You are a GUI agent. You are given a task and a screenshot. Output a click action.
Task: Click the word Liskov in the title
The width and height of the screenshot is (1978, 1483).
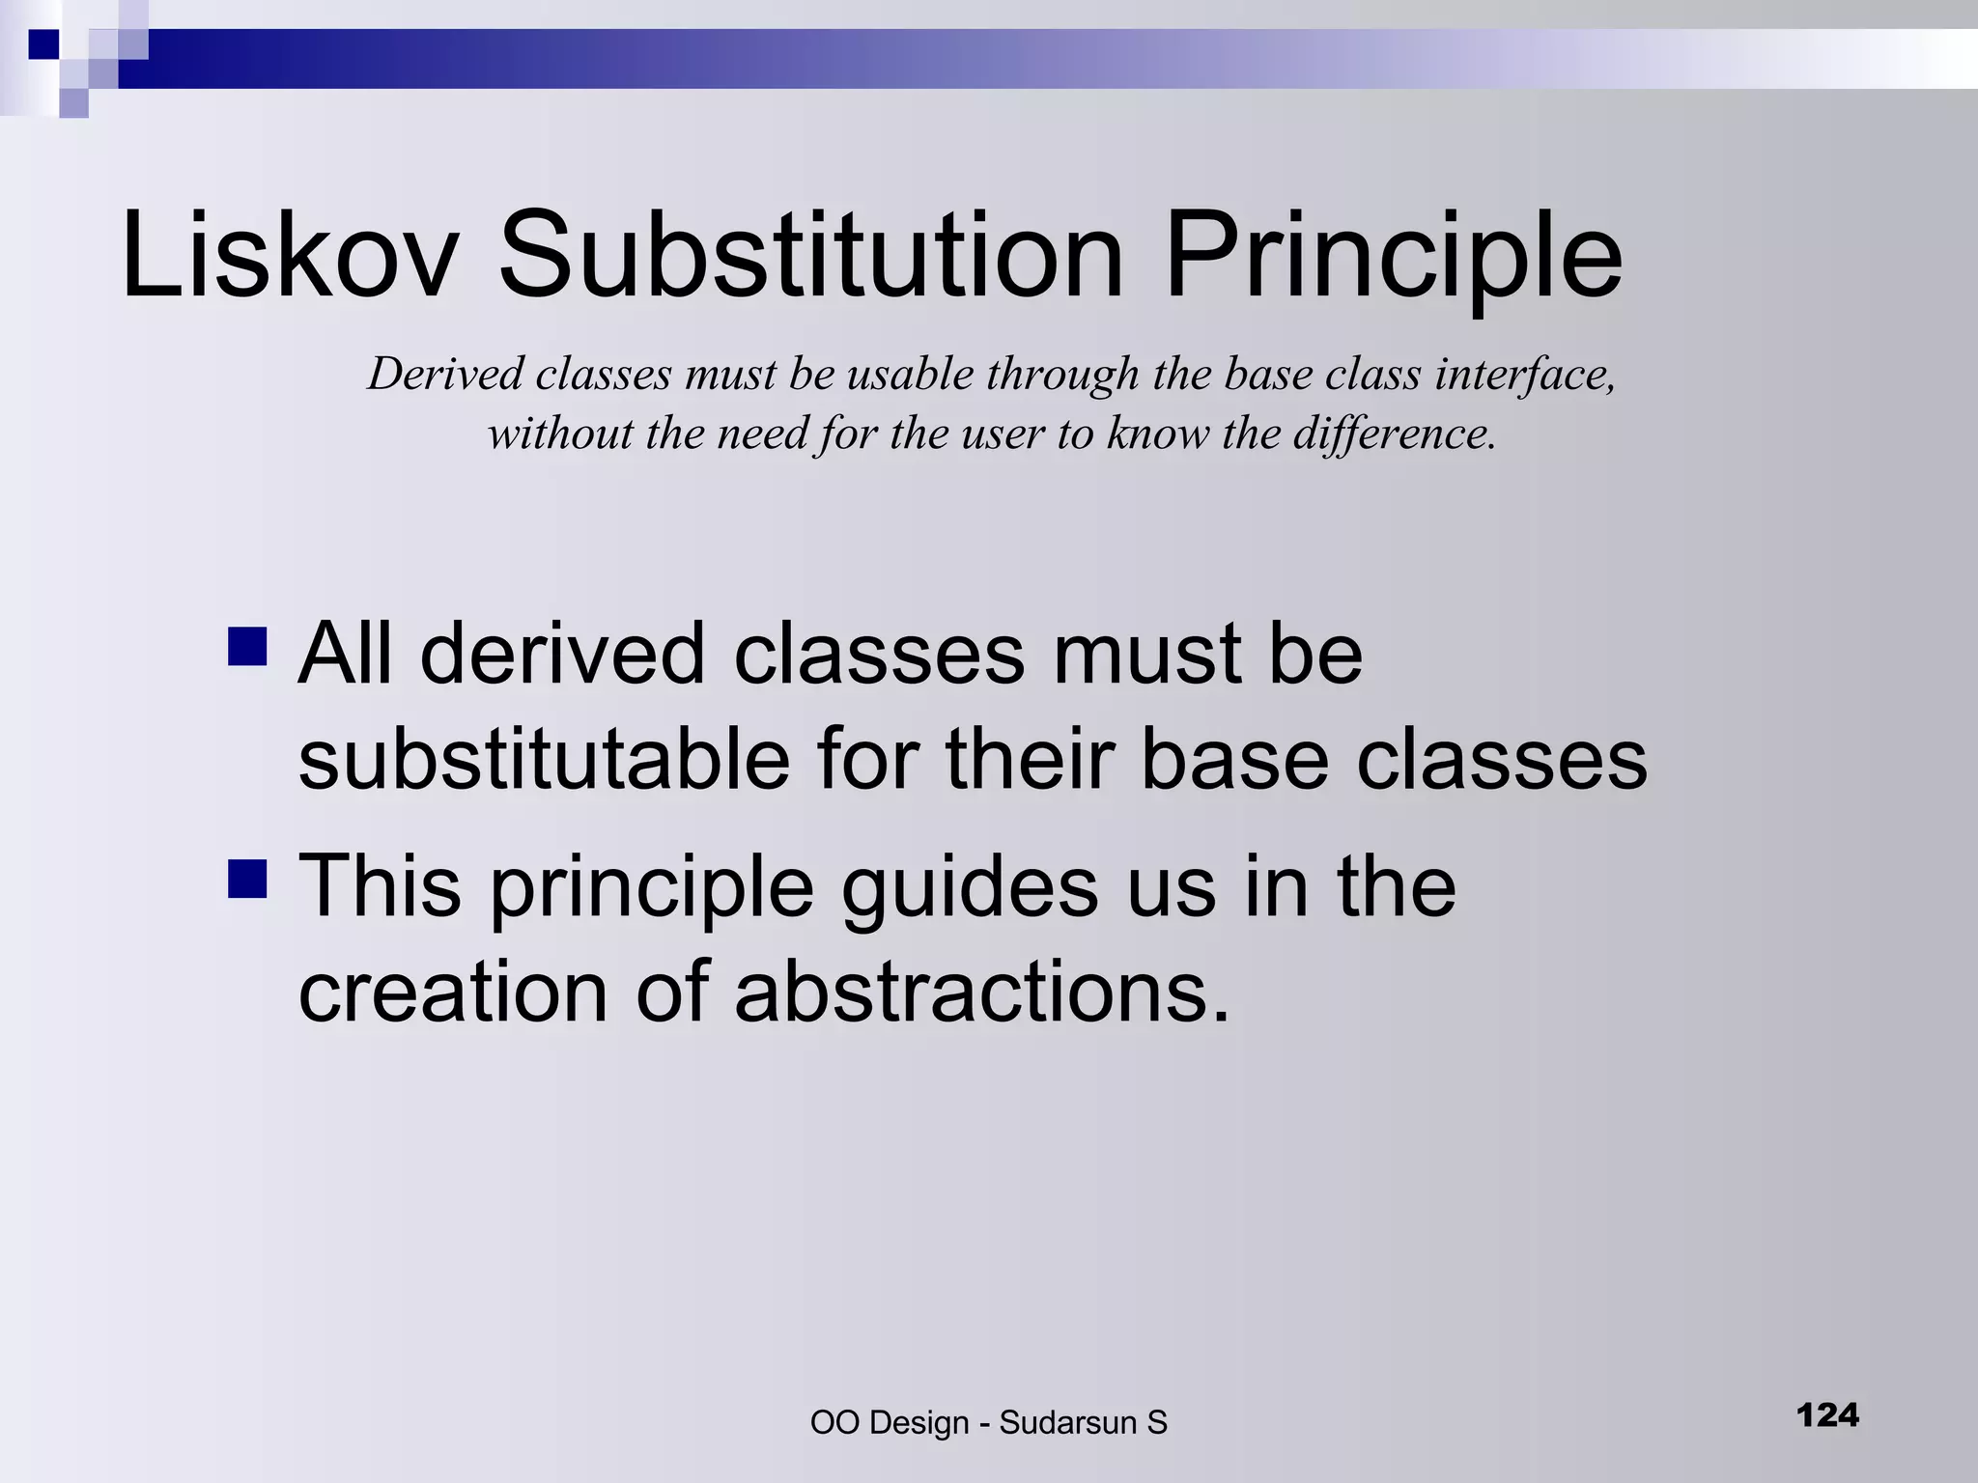pyautogui.click(x=288, y=256)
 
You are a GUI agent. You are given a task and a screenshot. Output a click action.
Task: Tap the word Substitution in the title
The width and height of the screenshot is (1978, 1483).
pyautogui.click(x=810, y=256)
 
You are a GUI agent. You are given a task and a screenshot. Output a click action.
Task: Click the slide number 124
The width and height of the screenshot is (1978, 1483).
pyautogui.click(x=1827, y=1415)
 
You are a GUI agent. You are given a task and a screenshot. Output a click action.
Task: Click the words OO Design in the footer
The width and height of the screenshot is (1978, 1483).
pyautogui.click(x=889, y=1423)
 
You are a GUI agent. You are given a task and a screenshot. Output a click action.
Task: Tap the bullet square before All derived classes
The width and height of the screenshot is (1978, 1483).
pyautogui.click(x=247, y=647)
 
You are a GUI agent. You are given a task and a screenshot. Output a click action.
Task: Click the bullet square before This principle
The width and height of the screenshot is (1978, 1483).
pyautogui.click(x=247, y=879)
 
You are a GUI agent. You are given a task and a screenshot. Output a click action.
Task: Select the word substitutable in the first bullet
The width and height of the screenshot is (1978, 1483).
pyautogui.click(x=544, y=760)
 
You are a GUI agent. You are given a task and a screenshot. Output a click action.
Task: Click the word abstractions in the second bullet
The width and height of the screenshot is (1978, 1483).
pyautogui.click(x=981, y=992)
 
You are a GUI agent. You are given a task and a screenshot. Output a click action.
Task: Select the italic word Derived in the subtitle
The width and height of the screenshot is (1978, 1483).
pyautogui.click(x=445, y=375)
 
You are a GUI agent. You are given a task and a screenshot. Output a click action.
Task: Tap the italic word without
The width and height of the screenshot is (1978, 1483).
pyautogui.click(x=560, y=434)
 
